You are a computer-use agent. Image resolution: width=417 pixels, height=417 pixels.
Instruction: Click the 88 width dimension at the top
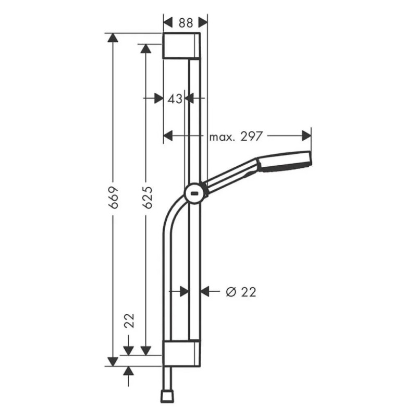[185, 22]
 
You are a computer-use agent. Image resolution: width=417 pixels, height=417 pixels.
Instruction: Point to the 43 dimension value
[175, 98]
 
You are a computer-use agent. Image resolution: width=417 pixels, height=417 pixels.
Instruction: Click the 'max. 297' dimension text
[237, 137]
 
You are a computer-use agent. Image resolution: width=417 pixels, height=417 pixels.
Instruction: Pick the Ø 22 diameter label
[240, 292]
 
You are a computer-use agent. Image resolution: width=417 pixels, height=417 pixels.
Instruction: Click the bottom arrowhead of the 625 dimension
[146, 350]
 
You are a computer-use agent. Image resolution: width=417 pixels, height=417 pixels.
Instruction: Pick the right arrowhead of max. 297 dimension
[306, 136]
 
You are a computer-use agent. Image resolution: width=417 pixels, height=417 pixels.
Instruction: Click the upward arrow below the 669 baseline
[129, 371]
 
